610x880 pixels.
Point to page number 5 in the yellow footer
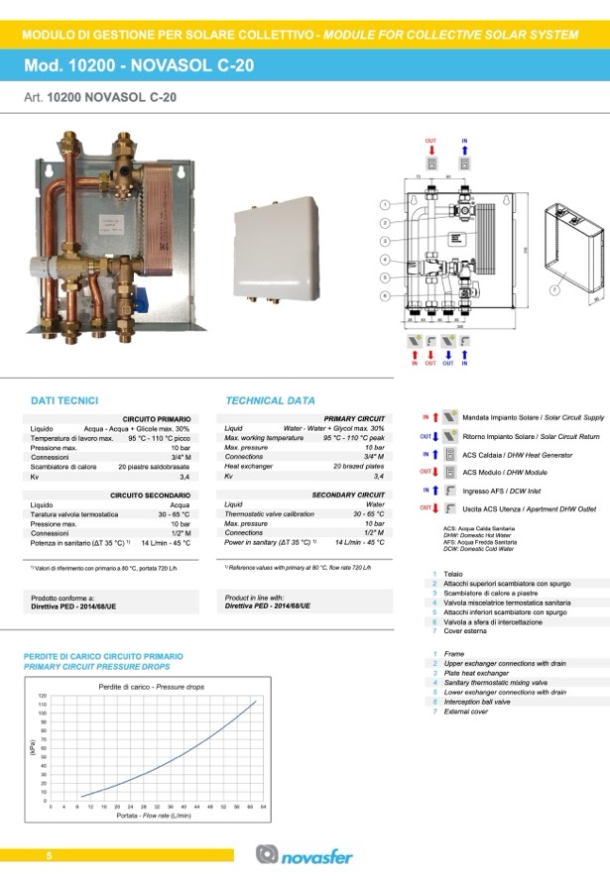(48, 855)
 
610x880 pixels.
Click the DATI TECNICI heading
(64, 400)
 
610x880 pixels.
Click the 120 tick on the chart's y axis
(42, 697)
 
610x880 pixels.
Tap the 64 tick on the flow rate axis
(264, 807)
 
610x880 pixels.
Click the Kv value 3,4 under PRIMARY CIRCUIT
(378, 477)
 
